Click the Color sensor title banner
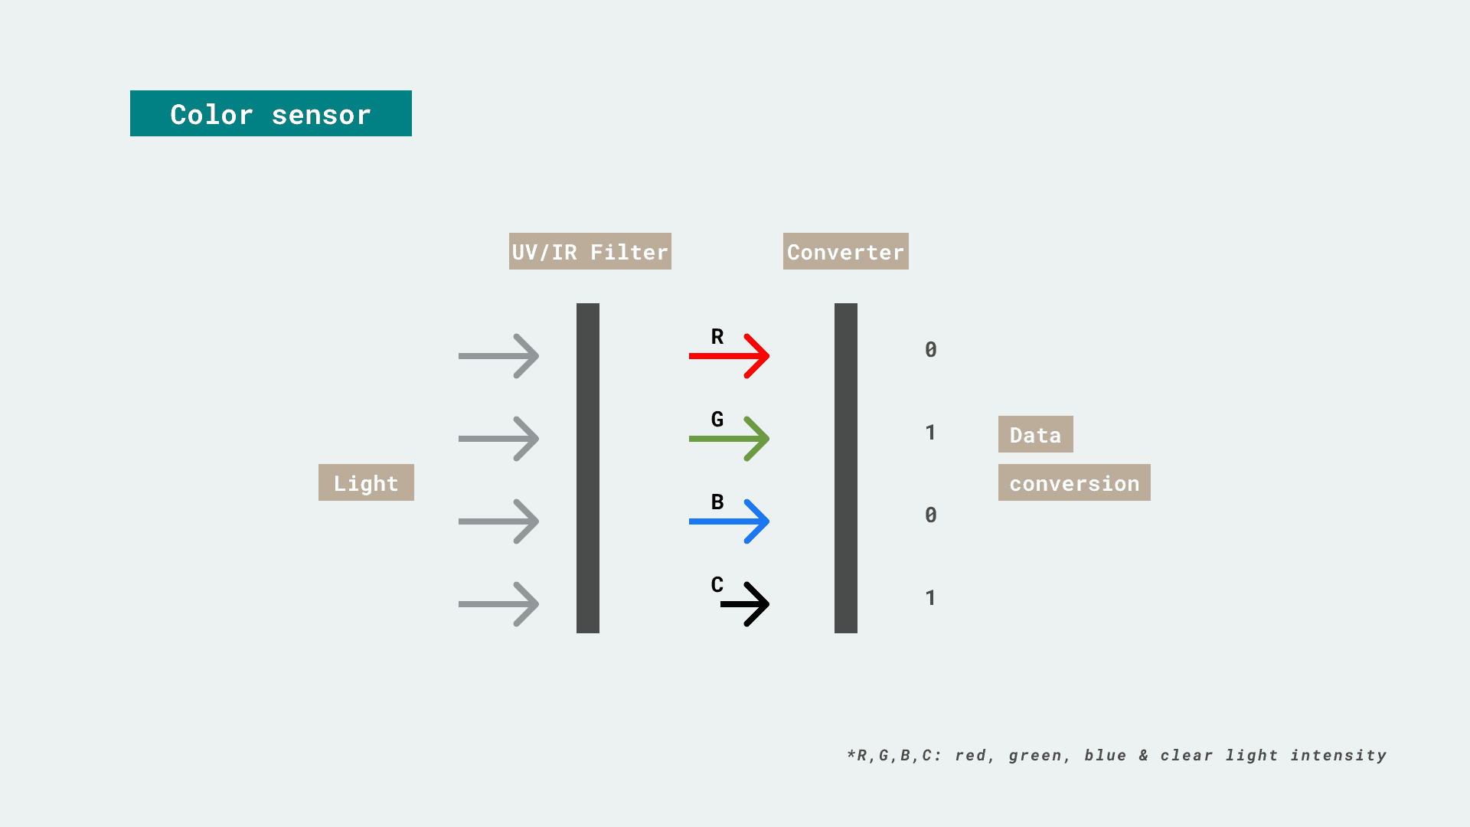coord(271,113)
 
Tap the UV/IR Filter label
coord(590,251)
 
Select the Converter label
coord(846,251)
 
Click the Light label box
coord(366,482)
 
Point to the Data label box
coord(1036,434)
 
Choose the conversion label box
coord(1074,482)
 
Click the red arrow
coord(729,356)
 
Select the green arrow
coord(729,439)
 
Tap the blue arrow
coord(729,521)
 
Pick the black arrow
coord(745,604)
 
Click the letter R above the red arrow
coord(717,337)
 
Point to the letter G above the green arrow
coord(717,420)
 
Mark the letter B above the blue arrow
coord(717,502)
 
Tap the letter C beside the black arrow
coord(717,585)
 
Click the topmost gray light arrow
coord(498,356)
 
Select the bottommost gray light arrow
coord(498,604)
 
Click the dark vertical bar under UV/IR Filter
coord(588,468)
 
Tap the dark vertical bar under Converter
coord(846,468)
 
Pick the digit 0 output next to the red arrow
coord(931,350)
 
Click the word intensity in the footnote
coord(1338,756)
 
